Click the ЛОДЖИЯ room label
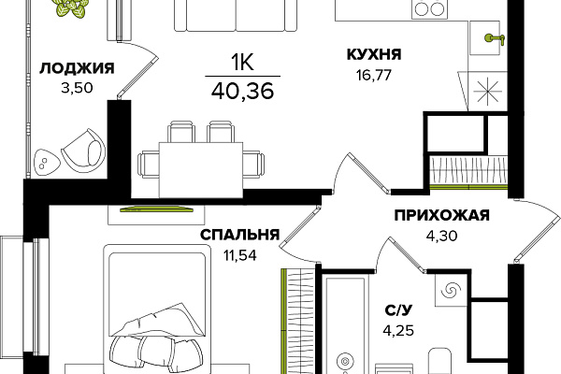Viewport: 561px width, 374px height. point(77,68)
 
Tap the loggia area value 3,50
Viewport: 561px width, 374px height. point(77,88)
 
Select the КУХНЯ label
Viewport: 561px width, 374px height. point(374,54)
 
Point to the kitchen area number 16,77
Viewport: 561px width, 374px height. point(374,75)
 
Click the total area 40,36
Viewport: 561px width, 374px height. point(242,91)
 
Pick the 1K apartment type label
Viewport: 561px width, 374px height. point(242,63)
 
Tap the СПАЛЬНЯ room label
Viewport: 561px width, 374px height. point(239,235)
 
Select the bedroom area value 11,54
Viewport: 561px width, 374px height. point(240,255)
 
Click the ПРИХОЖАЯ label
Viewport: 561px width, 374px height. point(442,215)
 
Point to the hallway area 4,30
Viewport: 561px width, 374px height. point(442,236)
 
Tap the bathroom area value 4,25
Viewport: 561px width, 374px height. point(398,330)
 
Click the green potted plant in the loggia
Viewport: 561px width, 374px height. point(72,7)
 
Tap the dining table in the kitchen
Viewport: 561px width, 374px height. point(201,169)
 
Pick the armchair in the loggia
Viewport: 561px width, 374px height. point(84,148)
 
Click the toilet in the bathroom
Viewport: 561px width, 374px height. point(439,361)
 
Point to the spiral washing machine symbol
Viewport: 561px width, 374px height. point(450,290)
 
